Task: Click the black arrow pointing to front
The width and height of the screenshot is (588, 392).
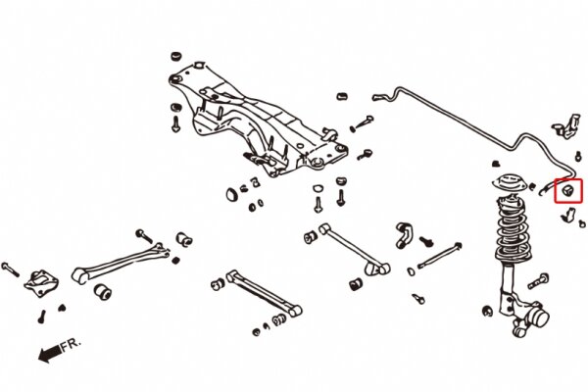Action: [50, 354]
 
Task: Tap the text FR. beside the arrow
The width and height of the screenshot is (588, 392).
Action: [71, 344]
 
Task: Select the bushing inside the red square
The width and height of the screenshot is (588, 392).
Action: [567, 191]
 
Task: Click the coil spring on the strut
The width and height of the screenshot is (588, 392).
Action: [514, 232]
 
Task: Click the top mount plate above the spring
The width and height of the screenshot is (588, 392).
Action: [510, 183]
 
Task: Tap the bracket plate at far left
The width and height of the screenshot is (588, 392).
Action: [41, 283]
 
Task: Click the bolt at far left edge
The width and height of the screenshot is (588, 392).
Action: [10, 269]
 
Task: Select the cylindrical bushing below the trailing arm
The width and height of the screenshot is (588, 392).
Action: [102, 292]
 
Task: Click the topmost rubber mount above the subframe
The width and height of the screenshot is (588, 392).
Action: [175, 56]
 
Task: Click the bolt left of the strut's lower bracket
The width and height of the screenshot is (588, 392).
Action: [538, 281]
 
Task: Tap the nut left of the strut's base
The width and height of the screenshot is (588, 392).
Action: [487, 311]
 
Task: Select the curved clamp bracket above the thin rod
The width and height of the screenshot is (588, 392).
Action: [404, 234]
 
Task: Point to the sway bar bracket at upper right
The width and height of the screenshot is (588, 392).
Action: [566, 125]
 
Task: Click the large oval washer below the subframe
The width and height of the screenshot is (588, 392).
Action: [231, 194]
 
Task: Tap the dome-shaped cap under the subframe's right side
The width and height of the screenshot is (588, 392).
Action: [318, 187]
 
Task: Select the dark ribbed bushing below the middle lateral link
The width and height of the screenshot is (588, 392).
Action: [356, 284]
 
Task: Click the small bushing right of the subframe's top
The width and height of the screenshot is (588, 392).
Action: [341, 96]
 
